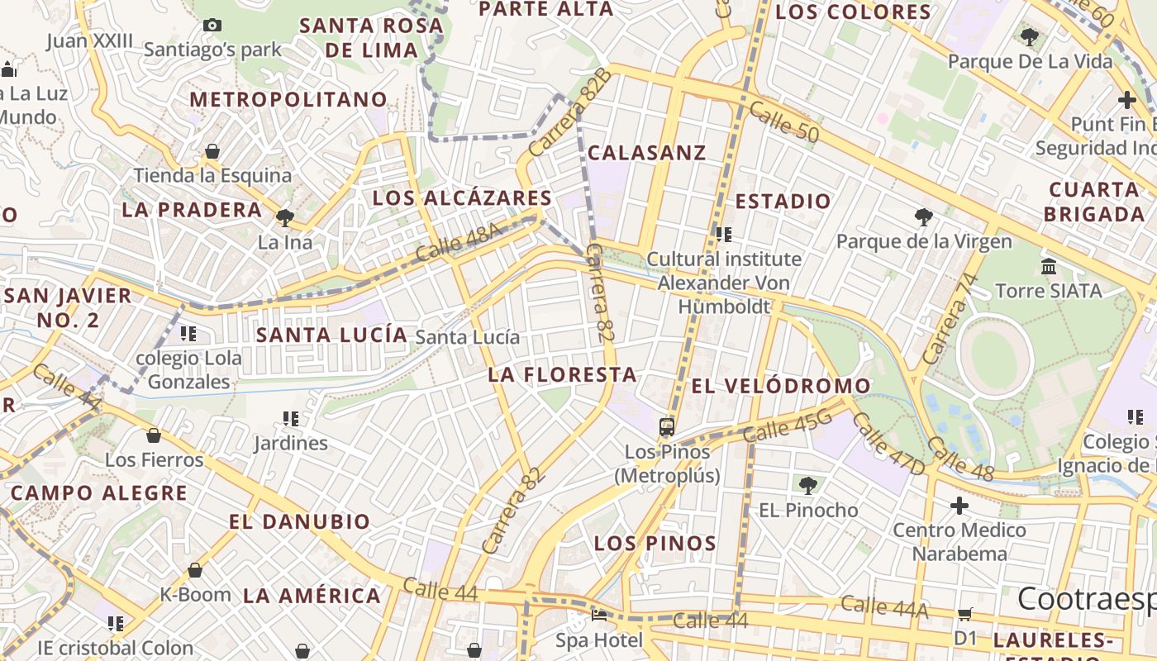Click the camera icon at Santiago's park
(212, 26)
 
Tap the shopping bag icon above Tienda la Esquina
(212, 151)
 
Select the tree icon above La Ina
(285, 218)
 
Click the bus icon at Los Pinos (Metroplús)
(667, 427)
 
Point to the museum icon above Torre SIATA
(1049, 266)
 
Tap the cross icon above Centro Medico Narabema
(959, 505)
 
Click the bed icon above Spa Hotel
(599, 616)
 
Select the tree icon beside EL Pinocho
(807, 486)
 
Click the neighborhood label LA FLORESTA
(562, 374)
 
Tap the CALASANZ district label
(647, 152)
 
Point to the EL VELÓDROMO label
(781, 386)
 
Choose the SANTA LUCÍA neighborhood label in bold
(331, 335)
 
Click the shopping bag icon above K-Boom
(195, 570)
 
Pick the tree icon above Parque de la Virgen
(924, 217)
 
